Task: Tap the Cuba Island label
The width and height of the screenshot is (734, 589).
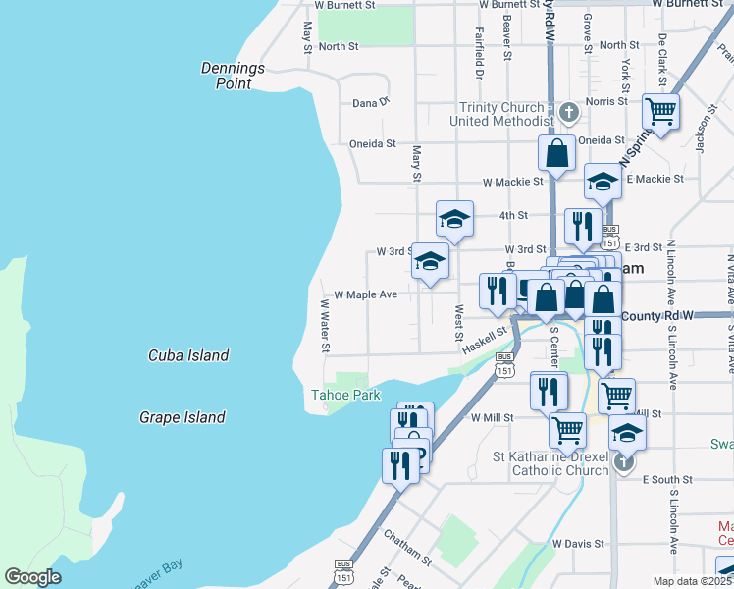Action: tap(188, 355)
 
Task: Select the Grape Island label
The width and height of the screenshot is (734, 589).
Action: tap(184, 417)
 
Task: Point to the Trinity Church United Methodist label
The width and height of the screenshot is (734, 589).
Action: tap(501, 114)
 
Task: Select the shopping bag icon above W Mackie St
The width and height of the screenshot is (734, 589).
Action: tap(556, 153)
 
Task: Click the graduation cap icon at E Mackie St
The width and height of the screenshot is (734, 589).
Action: tap(603, 181)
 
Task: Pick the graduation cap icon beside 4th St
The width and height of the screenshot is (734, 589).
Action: tap(454, 219)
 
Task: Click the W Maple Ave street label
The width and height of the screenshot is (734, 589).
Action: tap(365, 294)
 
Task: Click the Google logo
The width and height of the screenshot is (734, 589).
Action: tap(32, 577)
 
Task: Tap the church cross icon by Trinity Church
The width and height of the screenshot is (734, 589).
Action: tap(568, 113)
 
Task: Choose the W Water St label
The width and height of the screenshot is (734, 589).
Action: tap(324, 327)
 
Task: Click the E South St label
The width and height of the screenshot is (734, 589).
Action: tap(667, 480)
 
